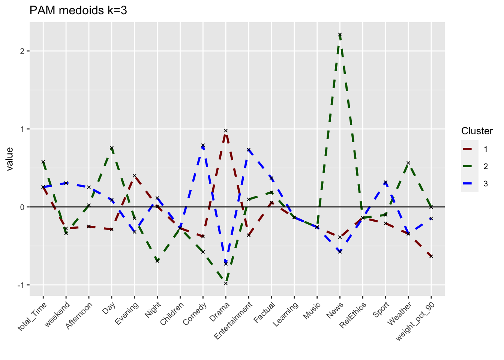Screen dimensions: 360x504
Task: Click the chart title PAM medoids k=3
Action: point(78,10)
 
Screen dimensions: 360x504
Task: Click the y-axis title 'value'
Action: point(10,159)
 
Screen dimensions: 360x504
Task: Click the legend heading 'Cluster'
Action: point(477,131)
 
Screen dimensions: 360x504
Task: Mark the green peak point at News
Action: point(340,34)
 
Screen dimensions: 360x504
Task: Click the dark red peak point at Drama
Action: point(226,130)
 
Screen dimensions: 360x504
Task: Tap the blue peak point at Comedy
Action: point(203,145)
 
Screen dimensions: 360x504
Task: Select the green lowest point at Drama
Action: point(226,283)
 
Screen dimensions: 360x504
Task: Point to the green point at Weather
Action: point(408,163)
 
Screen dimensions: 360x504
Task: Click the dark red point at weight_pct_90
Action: point(431,256)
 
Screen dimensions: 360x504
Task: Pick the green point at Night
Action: point(157,261)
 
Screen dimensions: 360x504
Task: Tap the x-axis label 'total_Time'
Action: point(33,316)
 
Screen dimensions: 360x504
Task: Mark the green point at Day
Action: point(111,148)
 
